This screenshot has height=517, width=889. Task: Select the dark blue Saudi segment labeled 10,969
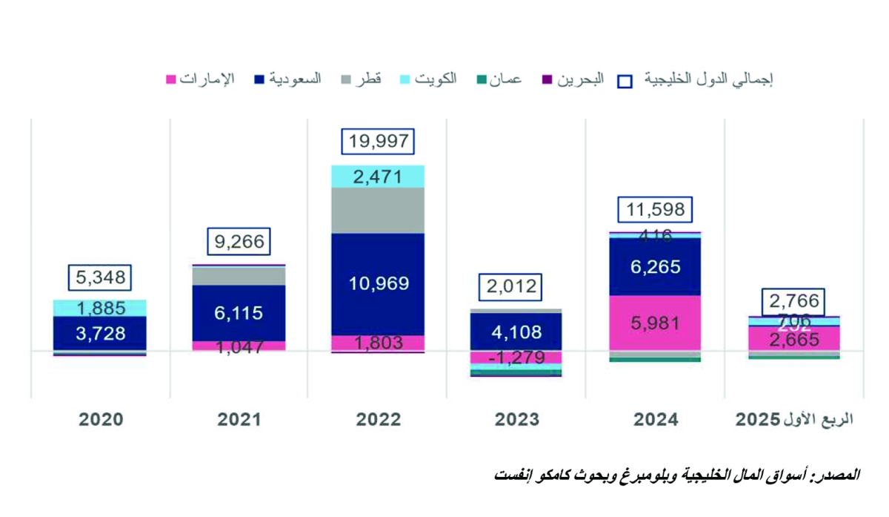[378, 283]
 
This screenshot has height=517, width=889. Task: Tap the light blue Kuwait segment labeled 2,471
[378, 177]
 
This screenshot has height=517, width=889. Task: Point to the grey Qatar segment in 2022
[378, 211]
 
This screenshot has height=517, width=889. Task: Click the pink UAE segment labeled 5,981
[655, 323]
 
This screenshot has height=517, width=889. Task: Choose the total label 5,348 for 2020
[100, 278]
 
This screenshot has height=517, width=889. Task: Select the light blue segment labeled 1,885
[100, 308]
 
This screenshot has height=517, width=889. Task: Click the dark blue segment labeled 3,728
[100, 333]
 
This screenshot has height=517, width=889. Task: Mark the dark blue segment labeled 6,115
[239, 313]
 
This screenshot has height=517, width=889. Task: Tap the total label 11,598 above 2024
[655, 210]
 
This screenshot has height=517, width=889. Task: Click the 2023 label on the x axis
[516, 419]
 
